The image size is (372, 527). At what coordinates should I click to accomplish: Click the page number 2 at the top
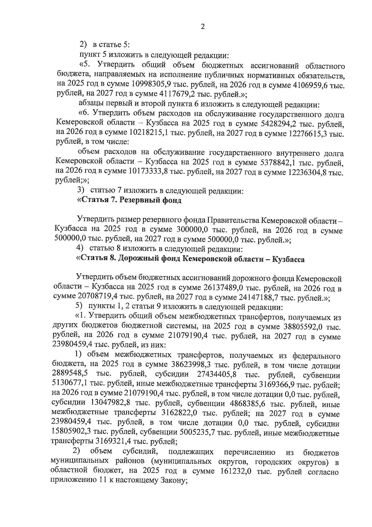[203, 27]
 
